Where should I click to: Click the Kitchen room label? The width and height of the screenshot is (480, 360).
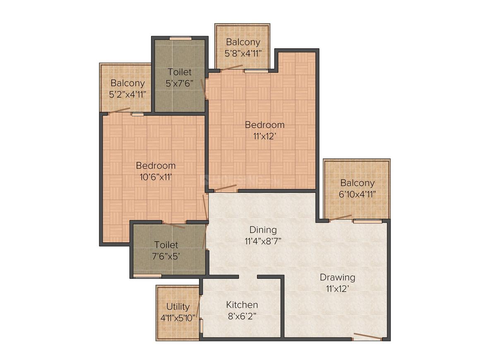click(242, 305)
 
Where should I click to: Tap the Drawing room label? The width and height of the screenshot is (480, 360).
click(337, 277)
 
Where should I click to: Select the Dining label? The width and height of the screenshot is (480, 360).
click(263, 230)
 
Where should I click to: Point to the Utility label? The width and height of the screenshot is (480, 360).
click(178, 307)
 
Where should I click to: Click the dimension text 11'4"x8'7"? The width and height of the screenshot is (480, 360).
click(263, 241)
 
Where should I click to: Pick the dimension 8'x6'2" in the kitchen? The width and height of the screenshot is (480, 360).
click(242, 316)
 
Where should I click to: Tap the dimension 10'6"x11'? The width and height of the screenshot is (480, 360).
click(156, 177)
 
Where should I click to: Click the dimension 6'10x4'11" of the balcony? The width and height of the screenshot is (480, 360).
click(357, 194)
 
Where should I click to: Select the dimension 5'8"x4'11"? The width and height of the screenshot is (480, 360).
click(243, 53)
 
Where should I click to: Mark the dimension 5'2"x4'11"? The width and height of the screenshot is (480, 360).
click(127, 94)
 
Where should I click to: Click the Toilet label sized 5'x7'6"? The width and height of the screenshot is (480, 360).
click(180, 72)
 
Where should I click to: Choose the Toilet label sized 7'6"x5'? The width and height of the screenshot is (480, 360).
click(166, 245)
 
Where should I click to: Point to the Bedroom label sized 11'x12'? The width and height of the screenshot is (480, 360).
click(264, 125)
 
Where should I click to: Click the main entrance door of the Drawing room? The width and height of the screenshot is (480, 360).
click(367, 336)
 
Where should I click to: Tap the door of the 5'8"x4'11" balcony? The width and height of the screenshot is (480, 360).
click(232, 67)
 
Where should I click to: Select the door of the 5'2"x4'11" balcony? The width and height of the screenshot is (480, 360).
click(119, 111)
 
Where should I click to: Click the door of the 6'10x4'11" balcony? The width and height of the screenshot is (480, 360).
click(341, 218)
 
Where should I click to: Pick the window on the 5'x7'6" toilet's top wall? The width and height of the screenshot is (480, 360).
click(180, 38)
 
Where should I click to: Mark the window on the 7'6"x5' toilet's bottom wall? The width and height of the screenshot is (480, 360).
click(148, 276)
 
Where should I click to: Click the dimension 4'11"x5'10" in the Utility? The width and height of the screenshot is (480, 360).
click(178, 318)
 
